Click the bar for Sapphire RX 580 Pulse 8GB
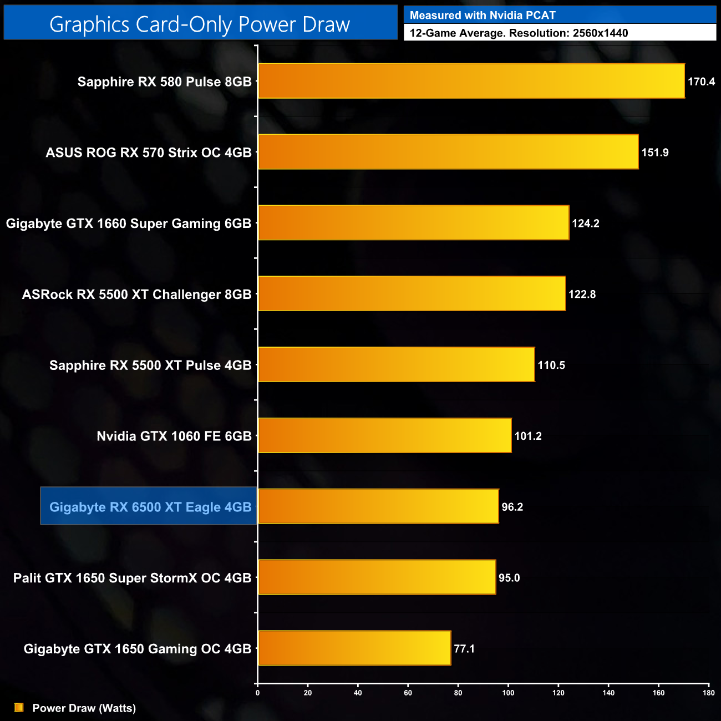coord(471,81)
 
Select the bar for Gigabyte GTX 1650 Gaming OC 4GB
coord(354,648)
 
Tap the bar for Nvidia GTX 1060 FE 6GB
coord(384,435)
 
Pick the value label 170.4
coord(701,82)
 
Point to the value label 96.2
coord(512,507)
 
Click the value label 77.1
coord(464,649)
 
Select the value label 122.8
coord(582,295)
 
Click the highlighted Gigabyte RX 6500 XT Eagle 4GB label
coord(150,507)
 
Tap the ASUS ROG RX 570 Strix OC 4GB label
coord(149,153)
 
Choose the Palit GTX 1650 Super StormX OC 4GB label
coord(132,578)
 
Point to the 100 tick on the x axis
coord(508,692)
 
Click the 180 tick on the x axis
coord(708,692)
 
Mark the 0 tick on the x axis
coord(257,692)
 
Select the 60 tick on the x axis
coord(408,692)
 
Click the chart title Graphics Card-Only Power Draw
coord(200,24)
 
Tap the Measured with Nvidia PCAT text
coord(483,16)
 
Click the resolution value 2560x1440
coord(600,33)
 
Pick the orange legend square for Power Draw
coord(19,708)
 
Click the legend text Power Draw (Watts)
coord(84,708)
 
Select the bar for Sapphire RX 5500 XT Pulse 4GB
coord(396,364)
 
